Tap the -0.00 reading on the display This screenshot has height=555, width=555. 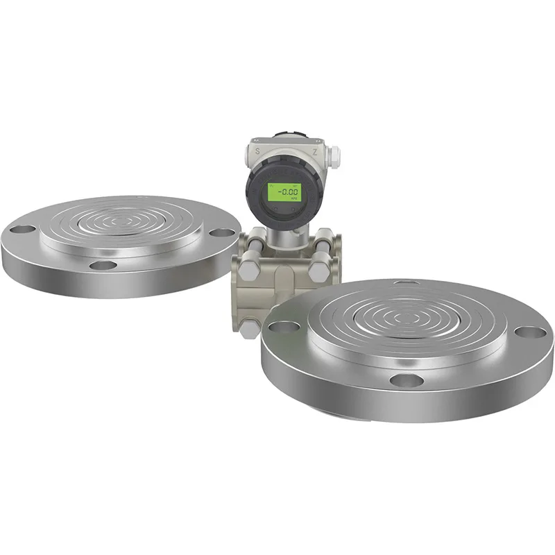pos(284,193)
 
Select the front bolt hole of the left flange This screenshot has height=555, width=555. pos(103,265)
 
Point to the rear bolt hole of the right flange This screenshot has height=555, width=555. pos(402,282)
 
